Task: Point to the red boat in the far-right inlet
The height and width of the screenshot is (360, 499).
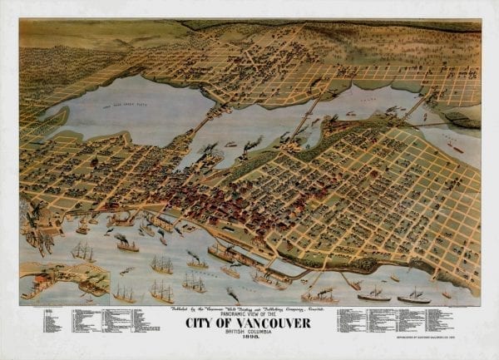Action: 455,147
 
